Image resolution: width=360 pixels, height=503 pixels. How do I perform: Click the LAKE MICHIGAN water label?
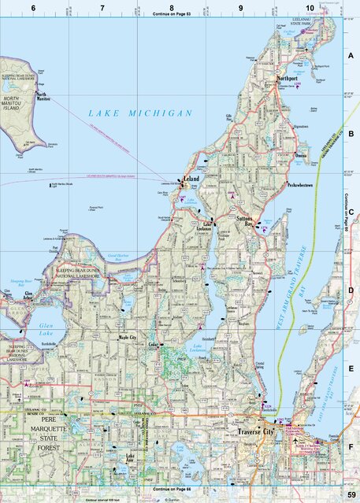click(x=140, y=113)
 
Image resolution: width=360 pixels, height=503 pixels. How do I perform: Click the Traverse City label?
click(x=254, y=432)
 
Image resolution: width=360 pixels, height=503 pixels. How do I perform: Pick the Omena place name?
click(x=302, y=156)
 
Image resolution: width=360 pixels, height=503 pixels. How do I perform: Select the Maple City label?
click(x=128, y=338)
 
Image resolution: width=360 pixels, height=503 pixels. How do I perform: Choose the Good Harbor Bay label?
click(x=122, y=256)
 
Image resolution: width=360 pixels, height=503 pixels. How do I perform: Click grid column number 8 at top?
click(x=172, y=7)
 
